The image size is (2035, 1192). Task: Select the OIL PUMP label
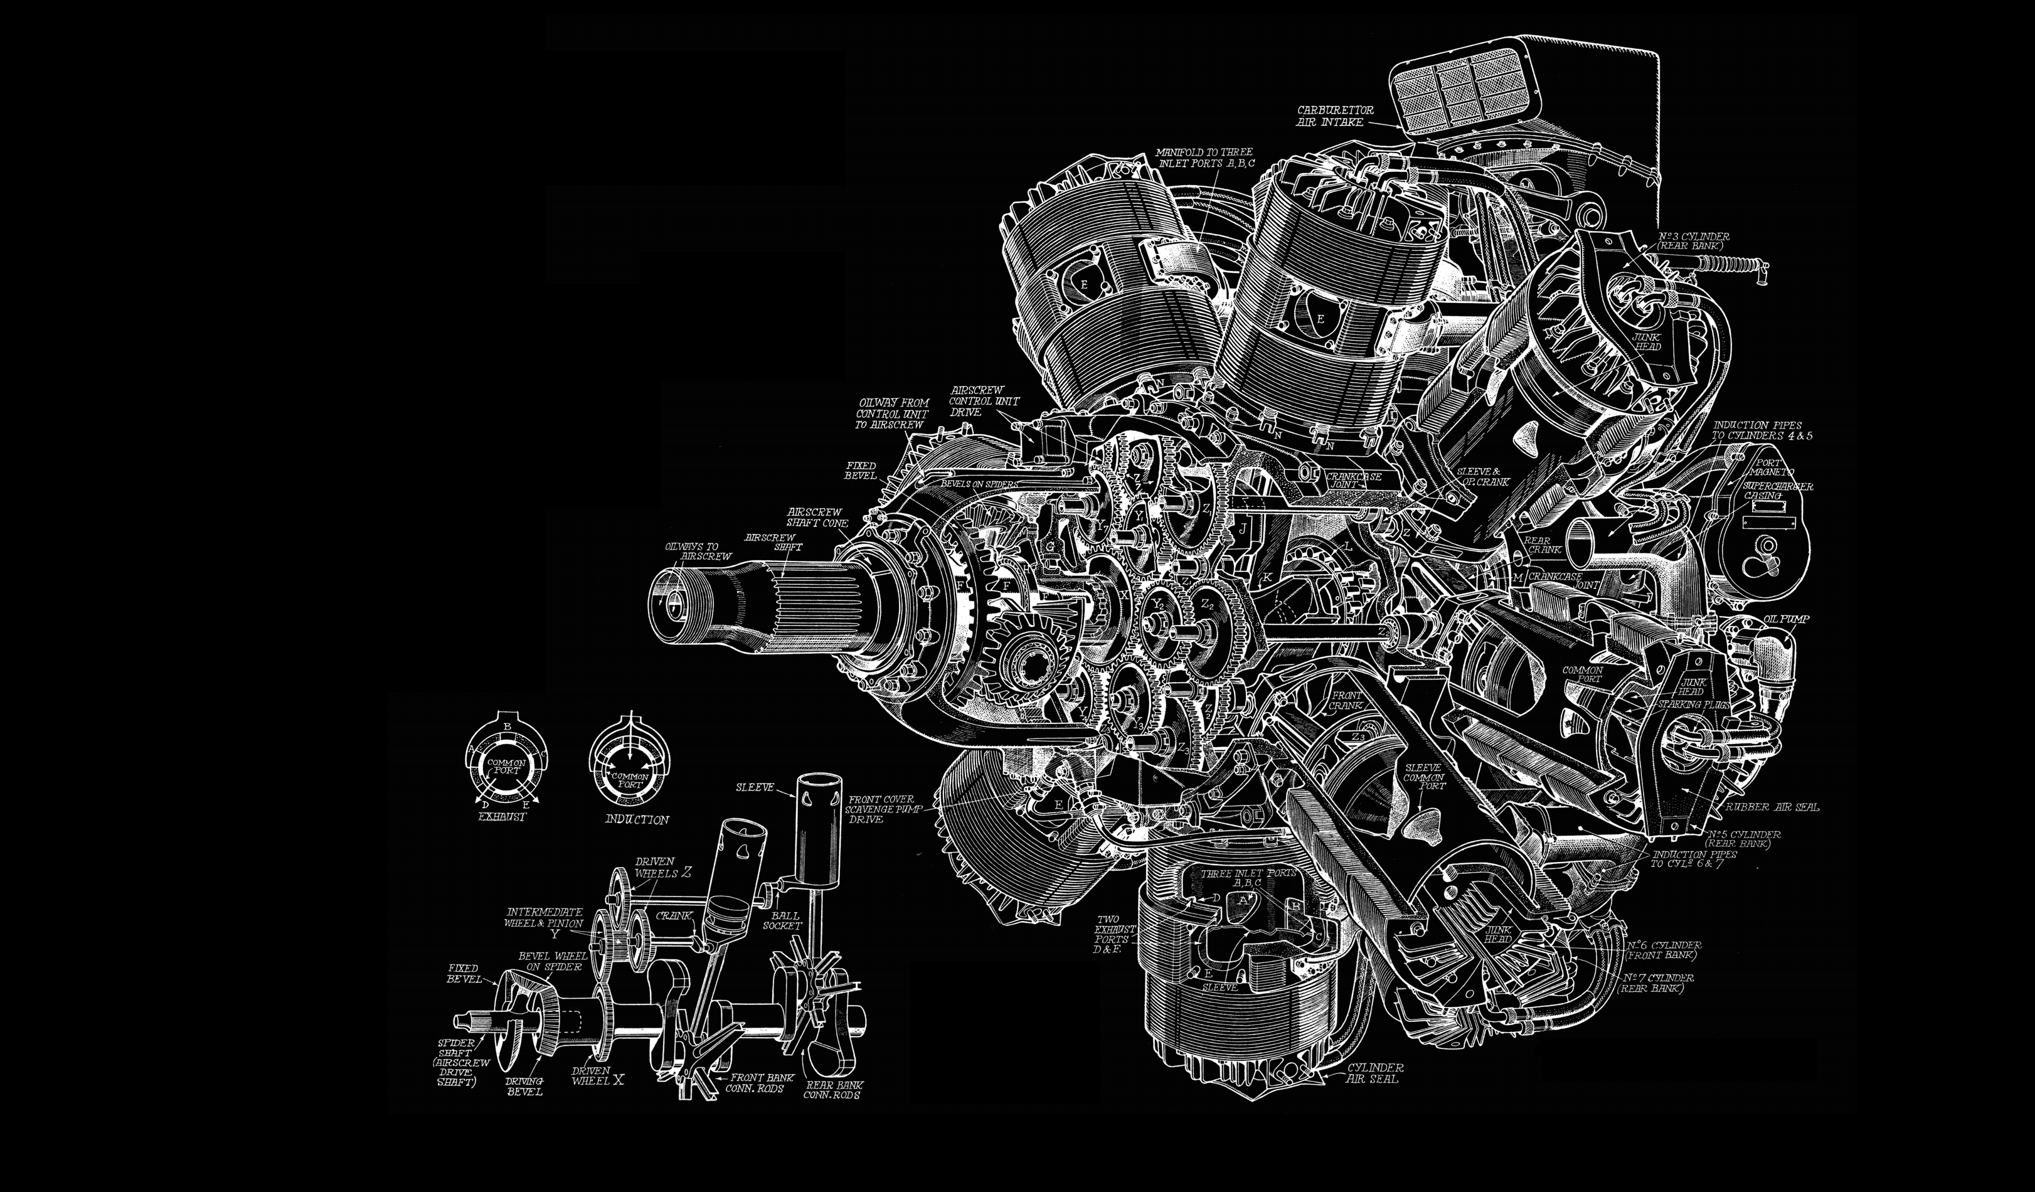(1787, 619)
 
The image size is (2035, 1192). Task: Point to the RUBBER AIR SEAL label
(1773, 807)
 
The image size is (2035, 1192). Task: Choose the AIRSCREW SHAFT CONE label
(817, 517)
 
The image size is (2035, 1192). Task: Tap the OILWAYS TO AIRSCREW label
(698, 551)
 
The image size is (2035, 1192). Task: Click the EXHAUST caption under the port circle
(501, 816)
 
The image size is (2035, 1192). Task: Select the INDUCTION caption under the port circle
(637, 820)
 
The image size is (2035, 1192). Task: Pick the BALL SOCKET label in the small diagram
(781, 920)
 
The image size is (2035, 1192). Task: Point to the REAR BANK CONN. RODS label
(833, 1090)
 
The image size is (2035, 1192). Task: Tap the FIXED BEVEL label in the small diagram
(463, 973)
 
